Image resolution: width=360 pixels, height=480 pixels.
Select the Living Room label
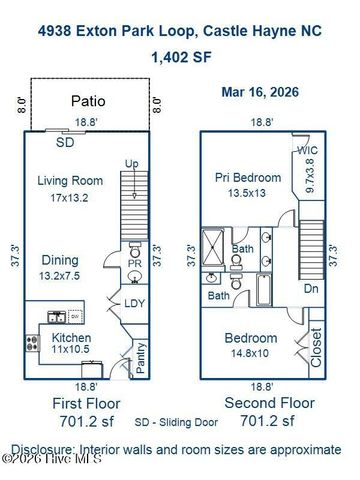click(71, 181)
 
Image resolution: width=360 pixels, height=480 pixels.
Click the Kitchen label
click(70, 339)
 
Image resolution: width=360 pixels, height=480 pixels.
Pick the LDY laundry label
click(135, 304)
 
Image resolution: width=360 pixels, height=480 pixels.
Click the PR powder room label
click(135, 262)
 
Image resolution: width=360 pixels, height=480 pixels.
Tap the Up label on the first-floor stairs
click(131, 163)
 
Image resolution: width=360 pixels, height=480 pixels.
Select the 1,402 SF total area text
click(180, 57)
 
